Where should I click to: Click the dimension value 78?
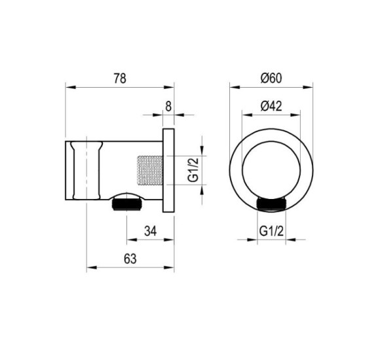click(120, 79)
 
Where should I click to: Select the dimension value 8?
click(168, 106)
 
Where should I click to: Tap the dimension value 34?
click(151, 231)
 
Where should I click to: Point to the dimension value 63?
click(130, 259)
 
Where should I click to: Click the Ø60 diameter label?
click(271, 78)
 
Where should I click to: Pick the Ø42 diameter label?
click(271, 106)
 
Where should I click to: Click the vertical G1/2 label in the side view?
click(193, 170)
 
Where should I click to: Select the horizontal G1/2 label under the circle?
click(271, 231)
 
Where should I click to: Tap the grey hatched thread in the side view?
click(150, 170)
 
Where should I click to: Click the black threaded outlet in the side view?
click(126, 205)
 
